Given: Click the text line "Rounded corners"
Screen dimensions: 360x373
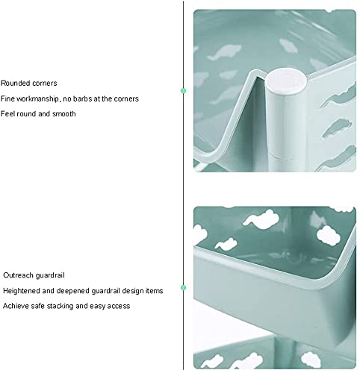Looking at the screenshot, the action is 28,83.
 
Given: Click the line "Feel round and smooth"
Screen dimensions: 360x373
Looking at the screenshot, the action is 38,114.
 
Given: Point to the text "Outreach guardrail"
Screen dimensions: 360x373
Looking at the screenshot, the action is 34,275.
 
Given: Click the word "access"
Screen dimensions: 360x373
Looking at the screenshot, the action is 119,306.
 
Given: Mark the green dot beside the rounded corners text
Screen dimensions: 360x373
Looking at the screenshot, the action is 183,91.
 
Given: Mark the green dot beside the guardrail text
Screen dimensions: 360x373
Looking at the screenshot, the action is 183,288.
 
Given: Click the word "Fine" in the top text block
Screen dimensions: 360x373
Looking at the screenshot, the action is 7,98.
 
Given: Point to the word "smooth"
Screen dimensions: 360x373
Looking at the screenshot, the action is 64,114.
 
